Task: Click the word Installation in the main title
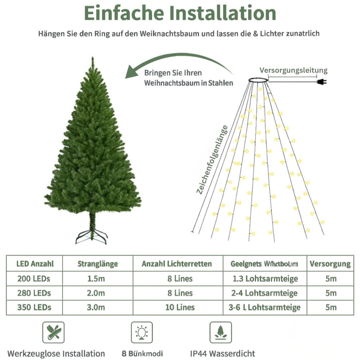coord(221,13)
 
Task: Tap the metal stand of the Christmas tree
coord(91,236)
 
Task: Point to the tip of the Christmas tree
coord(93,58)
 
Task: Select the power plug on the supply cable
coord(321,82)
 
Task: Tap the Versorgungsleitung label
coord(294,70)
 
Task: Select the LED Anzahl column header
coord(35,264)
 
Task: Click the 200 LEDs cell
coord(34,278)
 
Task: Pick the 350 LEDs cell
coord(34,307)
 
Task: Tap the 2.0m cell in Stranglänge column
coord(97,293)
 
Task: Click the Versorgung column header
coord(330,264)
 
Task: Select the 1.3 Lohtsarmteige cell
coord(265,279)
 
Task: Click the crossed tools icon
coord(54,332)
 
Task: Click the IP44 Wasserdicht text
coord(222,353)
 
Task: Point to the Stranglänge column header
coord(98,264)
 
